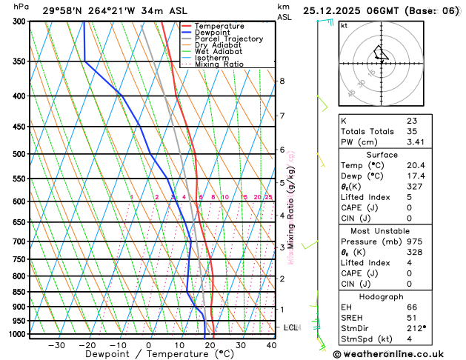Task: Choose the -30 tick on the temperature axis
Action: pos(56,345)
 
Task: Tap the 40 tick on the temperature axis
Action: pos(271,345)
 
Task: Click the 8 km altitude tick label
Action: pos(282,81)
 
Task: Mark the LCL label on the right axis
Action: pos(291,327)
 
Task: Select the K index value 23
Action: pos(412,120)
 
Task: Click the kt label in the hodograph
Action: pos(344,25)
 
